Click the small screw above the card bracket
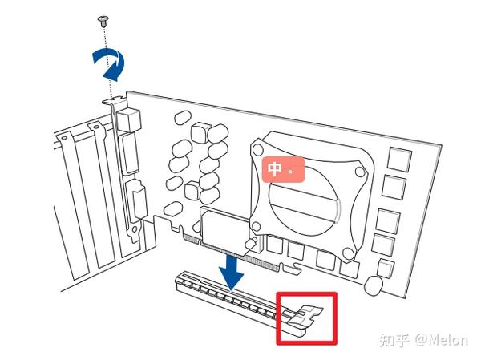pos(103,18)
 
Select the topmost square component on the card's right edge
pos(398,159)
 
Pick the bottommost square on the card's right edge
pos(385,267)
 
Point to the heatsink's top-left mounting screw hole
pos(258,148)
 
